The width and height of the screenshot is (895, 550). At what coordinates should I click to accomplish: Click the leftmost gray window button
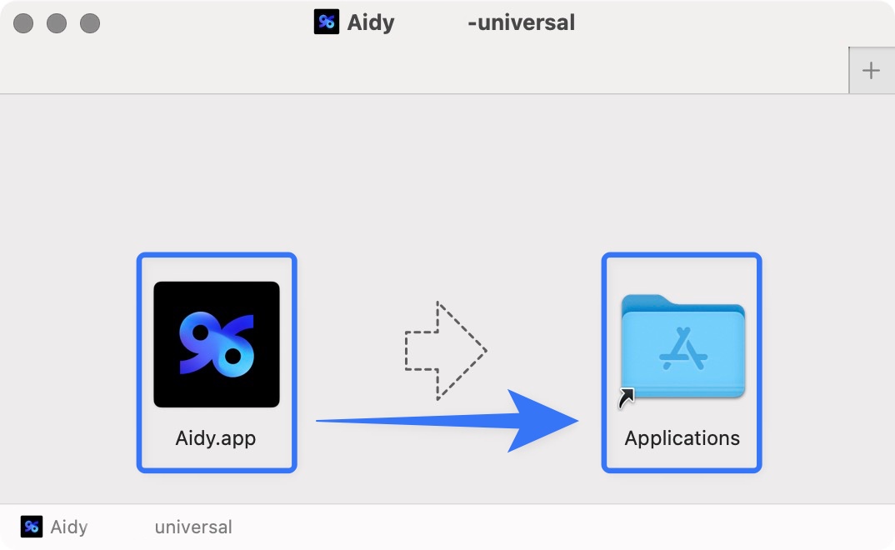coord(23,23)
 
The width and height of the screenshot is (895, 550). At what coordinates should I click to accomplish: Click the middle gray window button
coord(57,23)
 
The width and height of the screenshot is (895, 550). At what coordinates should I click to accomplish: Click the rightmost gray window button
coord(90,23)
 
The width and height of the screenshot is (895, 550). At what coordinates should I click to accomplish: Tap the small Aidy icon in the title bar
coord(327,22)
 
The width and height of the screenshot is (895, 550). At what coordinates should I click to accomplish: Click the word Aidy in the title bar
coord(371,22)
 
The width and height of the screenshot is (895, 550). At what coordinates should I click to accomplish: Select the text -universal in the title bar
coord(521,22)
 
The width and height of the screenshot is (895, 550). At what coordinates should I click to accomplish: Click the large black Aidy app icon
coord(217,345)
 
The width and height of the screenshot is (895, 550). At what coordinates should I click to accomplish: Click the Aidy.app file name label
coord(216,438)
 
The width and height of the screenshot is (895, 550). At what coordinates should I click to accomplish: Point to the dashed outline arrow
coord(445,351)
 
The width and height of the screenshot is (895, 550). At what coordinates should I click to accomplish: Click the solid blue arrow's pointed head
coord(548,421)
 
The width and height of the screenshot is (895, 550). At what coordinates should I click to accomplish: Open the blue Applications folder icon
coord(683,347)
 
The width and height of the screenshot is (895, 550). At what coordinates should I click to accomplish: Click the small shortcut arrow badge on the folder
coord(626,398)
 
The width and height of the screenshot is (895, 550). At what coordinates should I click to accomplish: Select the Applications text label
coord(682,438)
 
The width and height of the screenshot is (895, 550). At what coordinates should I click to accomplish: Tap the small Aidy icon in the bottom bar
coord(32,527)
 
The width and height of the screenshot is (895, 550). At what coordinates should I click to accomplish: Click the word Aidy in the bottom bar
coord(69,527)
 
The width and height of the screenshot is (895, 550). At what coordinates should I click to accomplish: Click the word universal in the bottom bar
coord(193,527)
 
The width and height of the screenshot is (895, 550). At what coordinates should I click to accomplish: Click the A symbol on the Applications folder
coord(683,348)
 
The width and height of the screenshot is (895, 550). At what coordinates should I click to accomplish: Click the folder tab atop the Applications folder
coord(646,301)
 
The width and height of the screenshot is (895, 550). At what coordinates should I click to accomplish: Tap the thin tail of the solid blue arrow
coord(399,421)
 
